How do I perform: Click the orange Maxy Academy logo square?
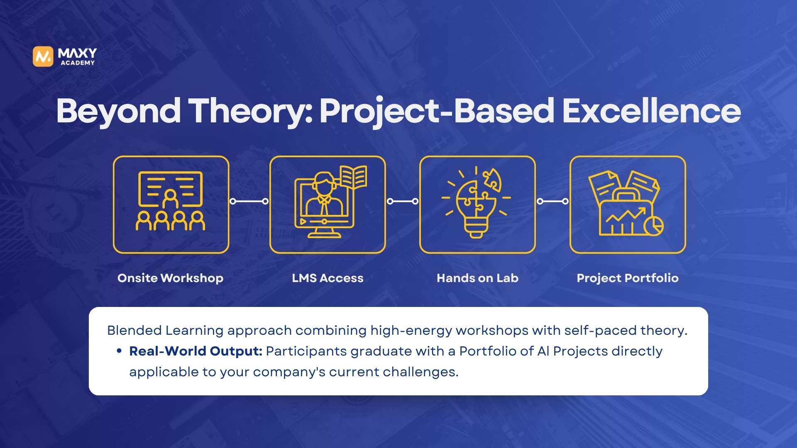[x=43, y=56]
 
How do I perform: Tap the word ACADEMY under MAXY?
[x=78, y=63]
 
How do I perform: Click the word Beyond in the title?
[x=118, y=111]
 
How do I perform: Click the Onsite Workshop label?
[x=170, y=278]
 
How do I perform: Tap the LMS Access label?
[x=328, y=278]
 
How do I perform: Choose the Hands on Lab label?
[x=477, y=278]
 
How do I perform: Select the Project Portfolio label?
[x=628, y=278]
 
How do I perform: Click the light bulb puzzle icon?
[x=476, y=202]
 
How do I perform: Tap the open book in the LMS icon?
[x=353, y=177]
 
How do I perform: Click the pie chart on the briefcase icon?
[x=654, y=226]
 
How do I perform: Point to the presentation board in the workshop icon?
[x=170, y=189]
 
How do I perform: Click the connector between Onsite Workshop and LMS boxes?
[x=249, y=201]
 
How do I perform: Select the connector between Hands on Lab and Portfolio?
[x=553, y=201]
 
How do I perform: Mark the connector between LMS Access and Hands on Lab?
[x=403, y=201]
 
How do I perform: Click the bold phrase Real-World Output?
[x=196, y=351]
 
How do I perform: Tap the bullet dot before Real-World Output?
[x=119, y=351]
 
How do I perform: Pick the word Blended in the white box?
[x=134, y=331]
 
